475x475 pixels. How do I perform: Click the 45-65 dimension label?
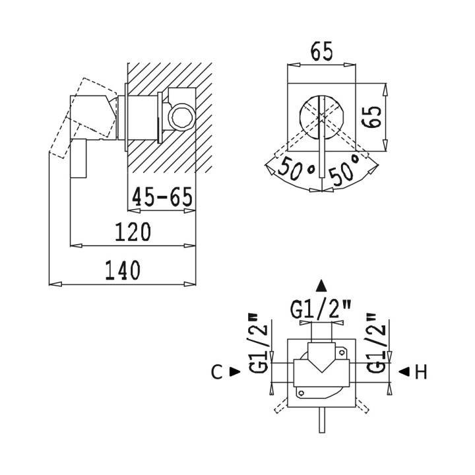pyautogui.click(x=162, y=197)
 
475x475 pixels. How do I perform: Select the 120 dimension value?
pyautogui.click(x=133, y=232)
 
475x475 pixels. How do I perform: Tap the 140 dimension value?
pyautogui.click(x=123, y=270)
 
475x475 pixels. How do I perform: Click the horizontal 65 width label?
pyautogui.click(x=321, y=51)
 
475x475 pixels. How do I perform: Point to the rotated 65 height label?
pyautogui.click(x=371, y=117)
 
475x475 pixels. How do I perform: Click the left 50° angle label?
pyautogui.click(x=297, y=170)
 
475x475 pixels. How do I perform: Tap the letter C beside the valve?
pyautogui.click(x=217, y=371)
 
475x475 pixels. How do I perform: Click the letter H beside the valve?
pyautogui.click(x=421, y=371)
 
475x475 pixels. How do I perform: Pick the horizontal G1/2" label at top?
pyautogui.click(x=321, y=309)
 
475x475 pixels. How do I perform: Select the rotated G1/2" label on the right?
pyautogui.click(x=376, y=343)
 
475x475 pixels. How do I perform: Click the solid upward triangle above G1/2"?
pyautogui.click(x=321, y=286)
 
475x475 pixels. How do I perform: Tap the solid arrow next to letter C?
pyautogui.click(x=235, y=371)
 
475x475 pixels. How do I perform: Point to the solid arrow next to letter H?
pyautogui.click(x=404, y=371)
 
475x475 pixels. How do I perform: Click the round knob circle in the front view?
pyautogui.click(x=321, y=117)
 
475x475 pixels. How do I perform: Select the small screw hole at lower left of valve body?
pyautogui.click(x=301, y=393)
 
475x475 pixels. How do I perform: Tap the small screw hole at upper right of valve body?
pyautogui.click(x=342, y=352)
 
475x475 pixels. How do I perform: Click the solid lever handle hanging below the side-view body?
pyautogui.click(x=79, y=159)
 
